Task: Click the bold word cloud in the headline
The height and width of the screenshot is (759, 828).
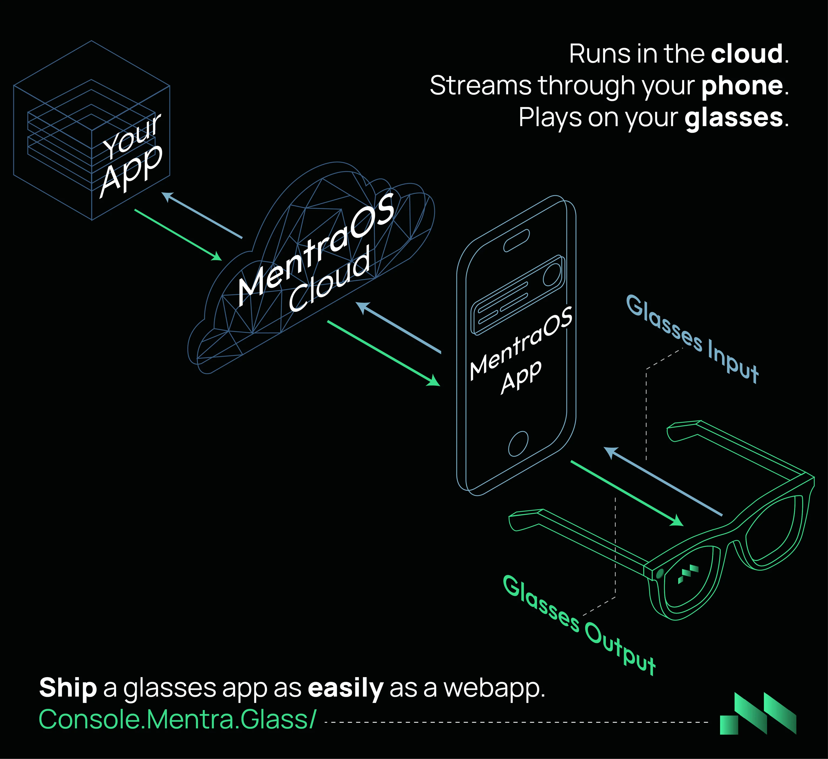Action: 747,54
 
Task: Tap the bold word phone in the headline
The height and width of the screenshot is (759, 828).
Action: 742,86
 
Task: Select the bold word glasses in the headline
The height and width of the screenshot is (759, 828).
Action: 733,118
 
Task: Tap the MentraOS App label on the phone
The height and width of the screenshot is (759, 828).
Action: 520,351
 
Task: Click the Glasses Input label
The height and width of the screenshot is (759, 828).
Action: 692,339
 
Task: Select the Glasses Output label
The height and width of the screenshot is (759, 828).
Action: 579,624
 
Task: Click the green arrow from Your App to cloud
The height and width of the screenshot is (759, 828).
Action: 178,235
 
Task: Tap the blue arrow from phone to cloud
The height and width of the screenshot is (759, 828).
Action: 398,327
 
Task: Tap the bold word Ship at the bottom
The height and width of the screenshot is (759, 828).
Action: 68,688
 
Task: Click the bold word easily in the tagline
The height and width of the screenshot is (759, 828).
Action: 346,688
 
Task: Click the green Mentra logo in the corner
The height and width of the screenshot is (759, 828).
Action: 758,715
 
